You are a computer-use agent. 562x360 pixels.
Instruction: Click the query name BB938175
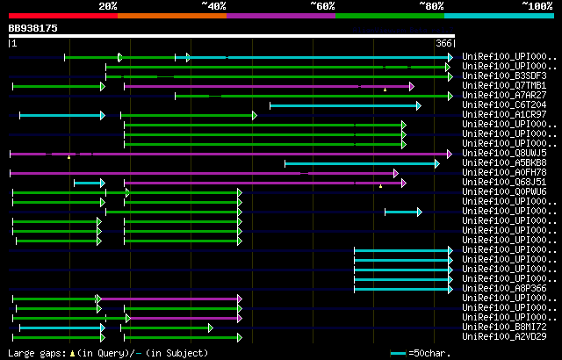pos(33,28)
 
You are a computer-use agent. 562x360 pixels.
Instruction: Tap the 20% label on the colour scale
pos(108,5)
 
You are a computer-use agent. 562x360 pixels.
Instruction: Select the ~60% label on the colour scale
pos(322,5)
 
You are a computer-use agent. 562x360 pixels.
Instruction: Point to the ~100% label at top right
pos(537,5)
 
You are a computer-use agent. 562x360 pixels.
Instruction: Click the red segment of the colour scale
pos(62,15)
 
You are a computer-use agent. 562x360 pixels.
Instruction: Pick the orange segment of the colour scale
pos(171,15)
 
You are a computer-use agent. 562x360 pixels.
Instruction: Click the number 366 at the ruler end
pos(443,43)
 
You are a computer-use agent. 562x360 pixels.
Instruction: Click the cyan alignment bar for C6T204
pos(342,105)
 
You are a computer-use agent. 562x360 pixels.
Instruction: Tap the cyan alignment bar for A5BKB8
pos(360,163)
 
